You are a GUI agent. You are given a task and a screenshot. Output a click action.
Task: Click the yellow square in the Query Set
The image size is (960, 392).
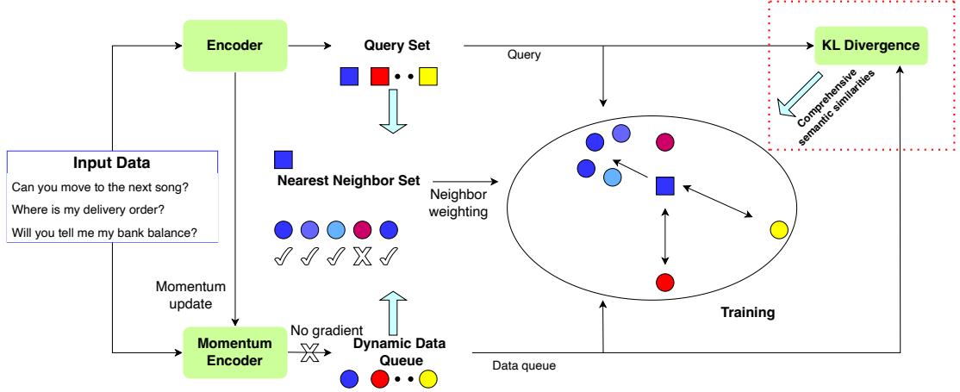click(428, 78)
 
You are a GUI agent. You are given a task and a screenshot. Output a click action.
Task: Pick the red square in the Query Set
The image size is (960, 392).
click(379, 78)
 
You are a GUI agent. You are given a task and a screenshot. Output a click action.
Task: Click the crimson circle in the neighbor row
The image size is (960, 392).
click(363, 230)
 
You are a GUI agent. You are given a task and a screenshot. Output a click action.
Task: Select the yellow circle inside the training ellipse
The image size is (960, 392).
click(778, 229)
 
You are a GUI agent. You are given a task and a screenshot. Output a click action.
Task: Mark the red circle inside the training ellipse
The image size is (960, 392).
click(664, 282)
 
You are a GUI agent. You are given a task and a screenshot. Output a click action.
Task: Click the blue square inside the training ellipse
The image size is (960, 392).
click(664, 185)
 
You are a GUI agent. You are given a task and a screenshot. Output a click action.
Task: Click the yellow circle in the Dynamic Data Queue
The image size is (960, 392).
click(428, 377)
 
